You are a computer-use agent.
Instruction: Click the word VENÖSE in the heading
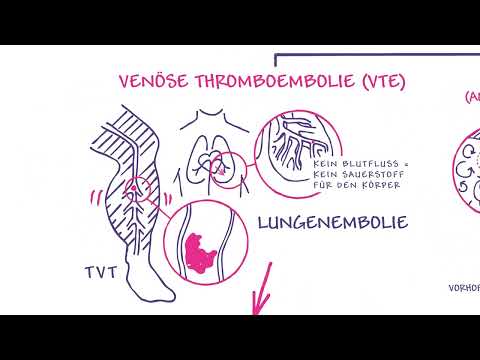(x=147, y=81)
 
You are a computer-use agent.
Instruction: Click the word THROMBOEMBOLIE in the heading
(x=250, y=81)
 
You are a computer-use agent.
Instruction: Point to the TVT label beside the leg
(x=99, y=273)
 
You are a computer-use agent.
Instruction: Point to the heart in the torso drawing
(x=212, y=165)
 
